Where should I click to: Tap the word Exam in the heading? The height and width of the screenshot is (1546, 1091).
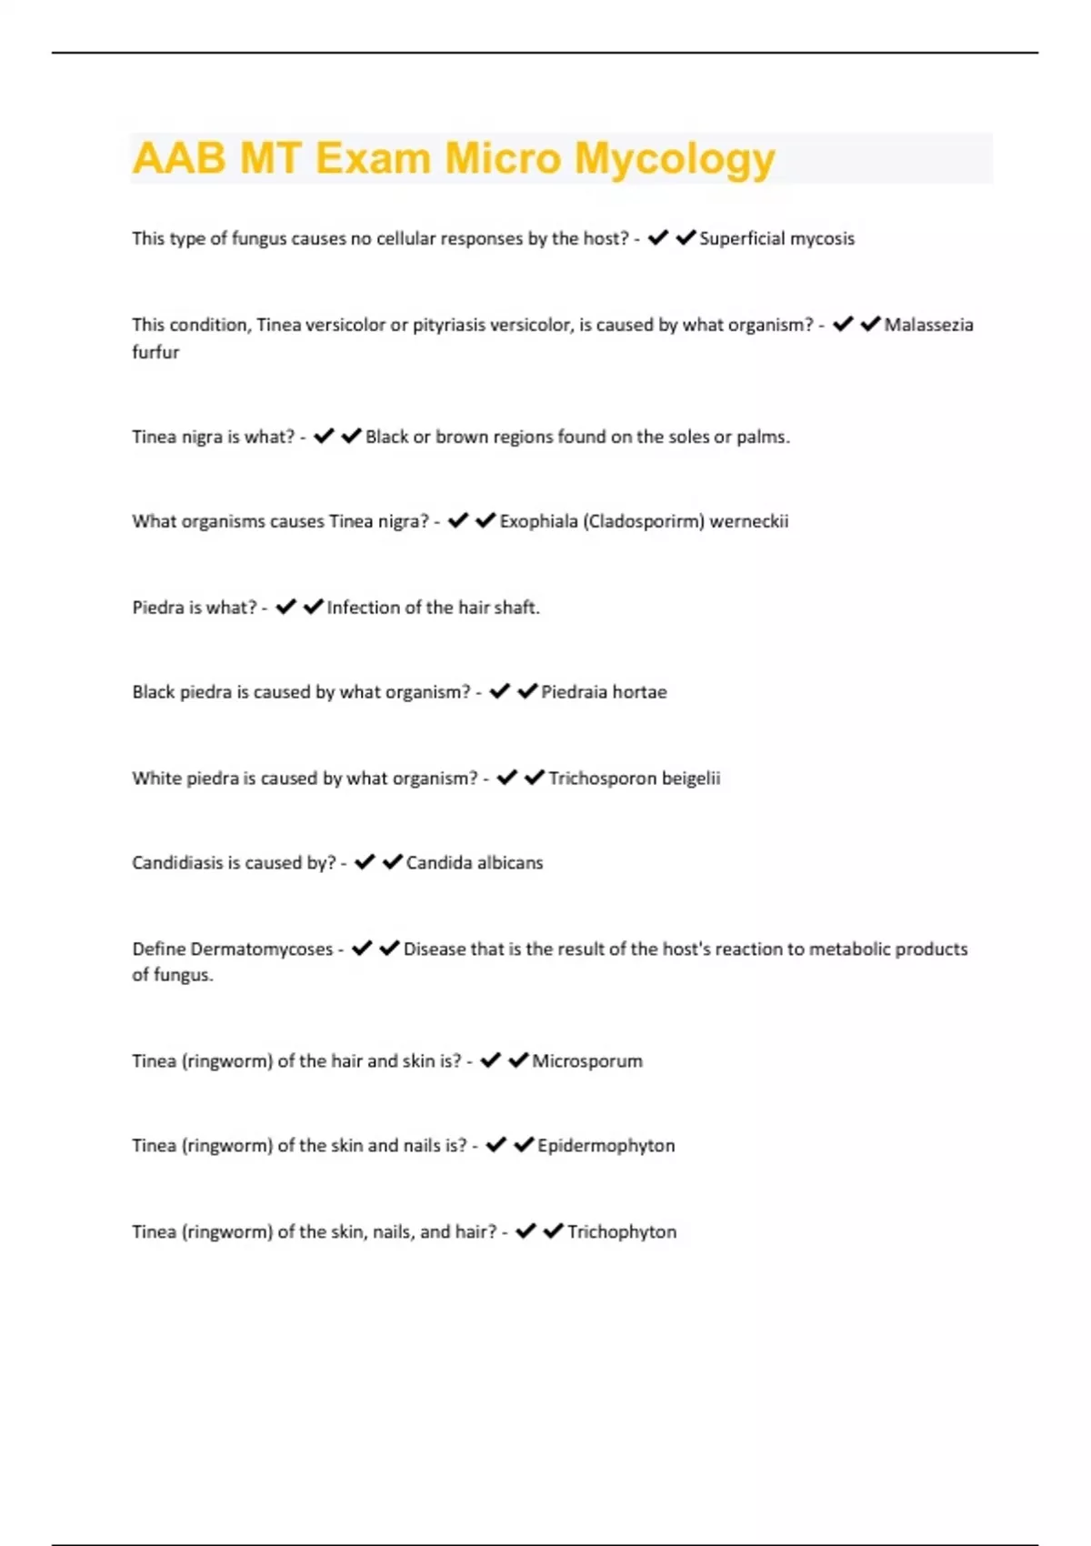[x=373, y=159]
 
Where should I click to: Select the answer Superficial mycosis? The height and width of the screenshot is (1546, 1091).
[x=776, y=238]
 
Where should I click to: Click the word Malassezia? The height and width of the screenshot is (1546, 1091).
[x=928, y=325]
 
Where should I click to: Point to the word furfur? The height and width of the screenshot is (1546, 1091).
[x=155, y=352]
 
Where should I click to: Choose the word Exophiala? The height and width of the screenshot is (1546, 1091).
[x=538, y=521]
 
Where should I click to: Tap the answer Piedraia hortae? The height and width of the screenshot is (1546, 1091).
[x=604, y=692]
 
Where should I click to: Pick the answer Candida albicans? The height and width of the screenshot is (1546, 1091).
[x=474, y=863]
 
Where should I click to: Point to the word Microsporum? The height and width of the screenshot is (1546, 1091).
[x=586, y=1061]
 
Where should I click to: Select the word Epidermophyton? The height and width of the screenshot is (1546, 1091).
[x=606, y=1146]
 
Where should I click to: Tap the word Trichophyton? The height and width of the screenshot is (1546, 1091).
[x=622, y=1232]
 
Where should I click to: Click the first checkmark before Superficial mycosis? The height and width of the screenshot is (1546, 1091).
[x=657, y=237]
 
